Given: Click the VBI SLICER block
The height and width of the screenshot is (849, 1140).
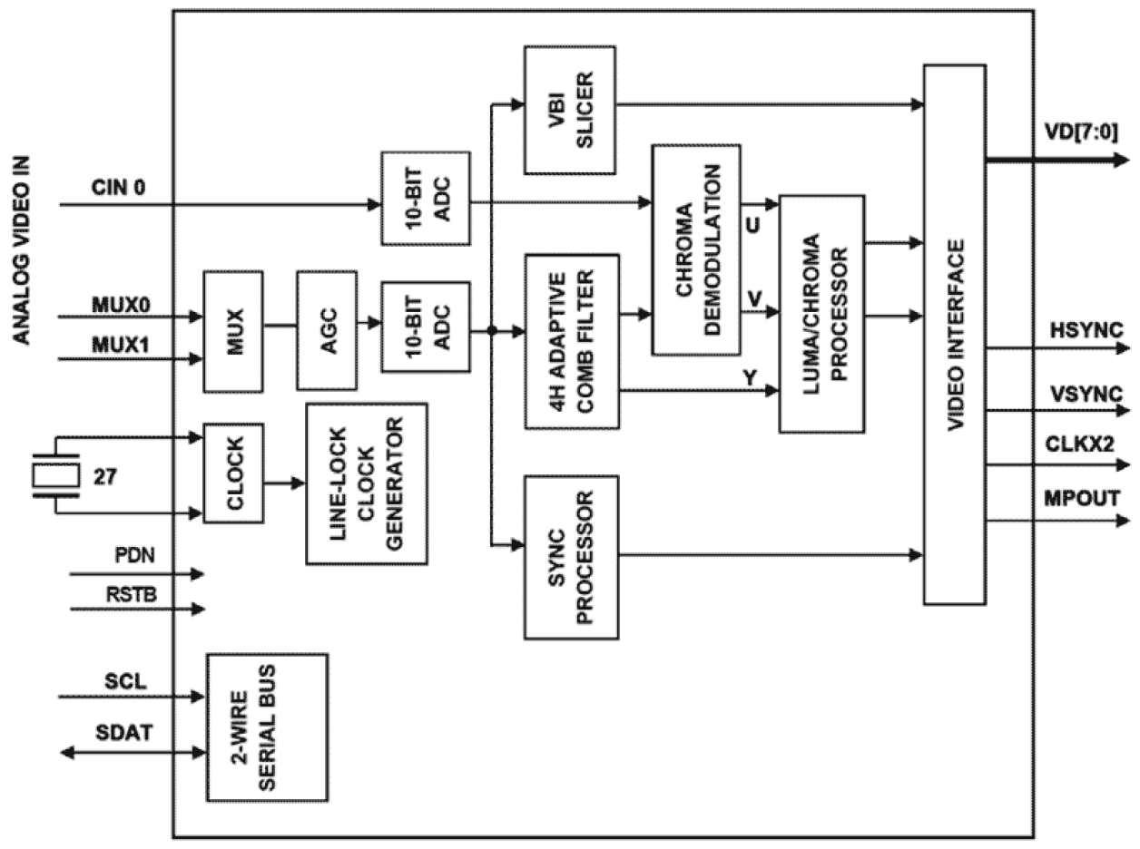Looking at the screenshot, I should point(570,109).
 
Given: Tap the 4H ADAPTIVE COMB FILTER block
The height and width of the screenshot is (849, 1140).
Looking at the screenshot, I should point(572,341).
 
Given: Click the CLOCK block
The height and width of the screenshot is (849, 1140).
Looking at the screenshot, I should point(233,473).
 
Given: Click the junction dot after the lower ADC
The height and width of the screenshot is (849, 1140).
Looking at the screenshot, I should point(491,330).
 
